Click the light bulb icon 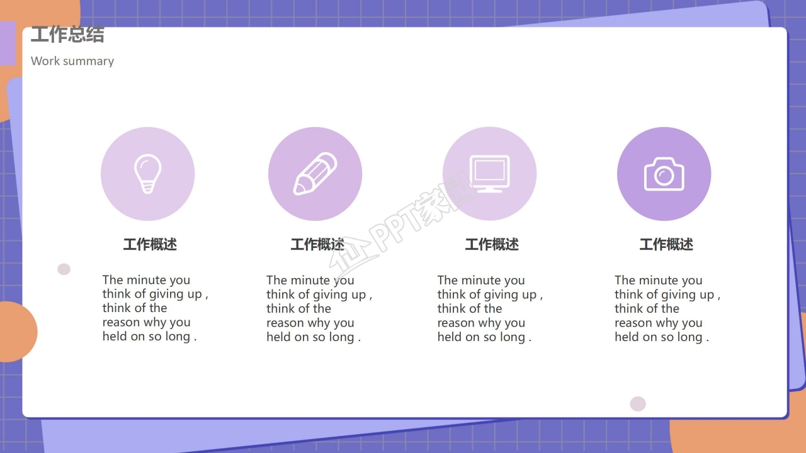147,174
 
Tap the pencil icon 315,174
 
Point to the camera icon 664,174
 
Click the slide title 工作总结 67,35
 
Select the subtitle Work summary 72,61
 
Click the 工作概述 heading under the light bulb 150,244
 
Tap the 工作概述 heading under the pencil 317,244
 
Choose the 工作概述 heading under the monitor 492,244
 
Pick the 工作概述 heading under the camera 666,244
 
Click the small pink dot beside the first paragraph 64,269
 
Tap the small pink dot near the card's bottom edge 638,404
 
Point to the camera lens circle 664,176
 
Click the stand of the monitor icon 489,189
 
